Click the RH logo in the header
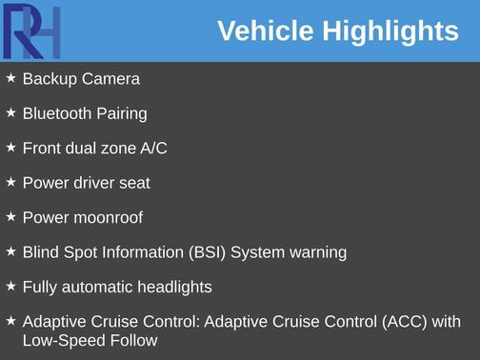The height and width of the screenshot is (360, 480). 31,30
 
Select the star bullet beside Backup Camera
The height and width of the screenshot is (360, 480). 10,78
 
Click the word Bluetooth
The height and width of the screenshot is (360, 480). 55,113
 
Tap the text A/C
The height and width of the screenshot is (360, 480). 154,148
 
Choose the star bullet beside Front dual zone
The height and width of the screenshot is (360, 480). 10,147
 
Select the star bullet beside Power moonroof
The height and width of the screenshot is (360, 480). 10,216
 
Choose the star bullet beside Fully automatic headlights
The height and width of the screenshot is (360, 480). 10,286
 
